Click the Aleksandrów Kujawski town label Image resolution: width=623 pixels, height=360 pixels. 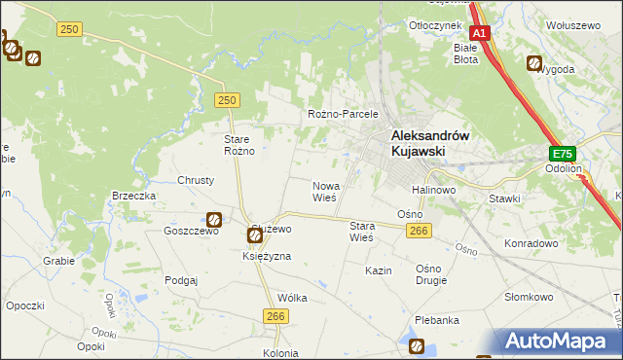pyautogui.click(x=430, y=144)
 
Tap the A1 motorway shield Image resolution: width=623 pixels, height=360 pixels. pyautogui.click(x=479, y=31)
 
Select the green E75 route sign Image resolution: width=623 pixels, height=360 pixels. pyautogui.click(x=562, y=154)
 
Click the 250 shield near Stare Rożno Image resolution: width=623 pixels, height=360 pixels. pyautogui.click(x=227, y=100)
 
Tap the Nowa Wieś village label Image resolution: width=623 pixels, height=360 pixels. pyautogui.click(x=324, y=191)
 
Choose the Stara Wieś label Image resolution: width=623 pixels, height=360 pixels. pyautogui.click(x=361, y=232)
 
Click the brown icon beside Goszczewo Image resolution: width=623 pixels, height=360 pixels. pyautogui.click(x=213, y=221)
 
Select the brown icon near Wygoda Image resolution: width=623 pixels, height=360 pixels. pyautogui.click(x=535, y=64)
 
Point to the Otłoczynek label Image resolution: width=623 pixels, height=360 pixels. pyautogui.click(x=434, y=25)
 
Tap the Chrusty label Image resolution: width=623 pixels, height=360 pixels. pyautogui.click(x=196, y=180)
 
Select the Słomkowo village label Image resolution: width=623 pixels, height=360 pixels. pyautogui.click(x=529, y=297)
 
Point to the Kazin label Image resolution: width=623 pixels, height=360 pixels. pyautogui.click(x=379, y=270)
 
